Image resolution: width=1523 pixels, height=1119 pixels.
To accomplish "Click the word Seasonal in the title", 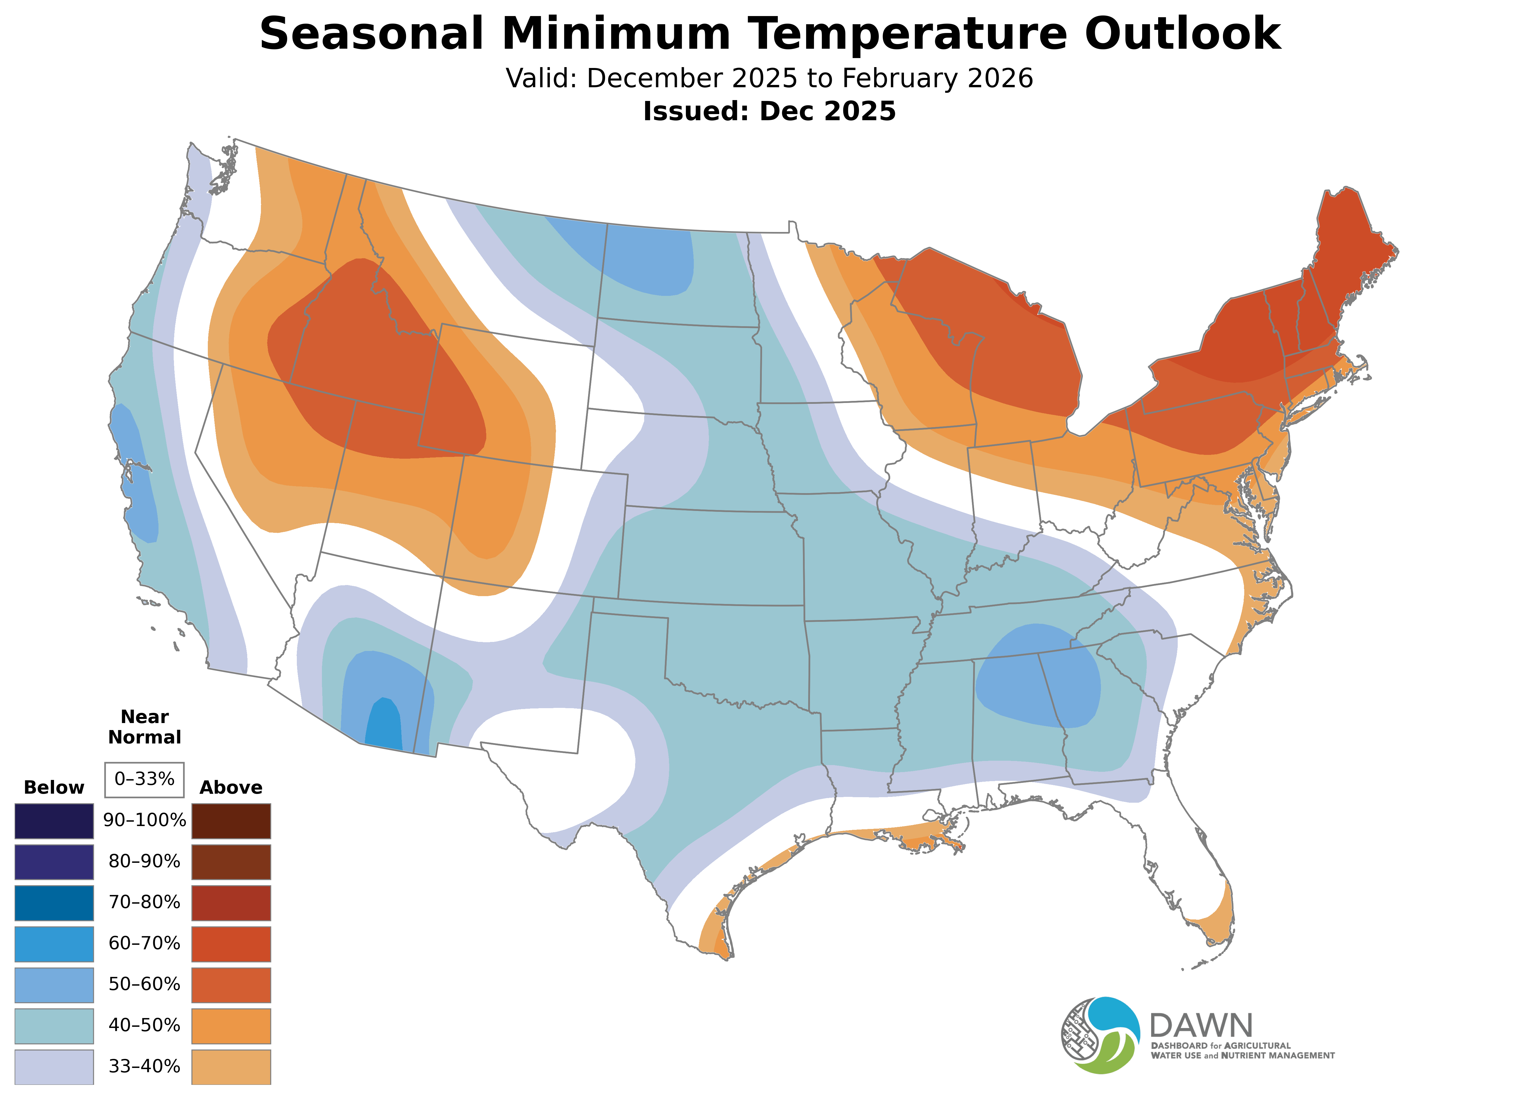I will tap(371, 34).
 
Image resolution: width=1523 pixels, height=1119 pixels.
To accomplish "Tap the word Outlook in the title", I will tap(1182, 34).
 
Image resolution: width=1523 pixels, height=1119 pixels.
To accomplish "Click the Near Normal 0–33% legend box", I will tap(144, 780).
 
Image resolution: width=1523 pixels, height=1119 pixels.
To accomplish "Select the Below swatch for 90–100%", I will tap(54, 821).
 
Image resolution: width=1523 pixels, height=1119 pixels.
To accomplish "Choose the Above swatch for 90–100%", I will tap(231, 821).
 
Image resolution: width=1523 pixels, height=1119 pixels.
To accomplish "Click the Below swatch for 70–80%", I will tap(54, 903).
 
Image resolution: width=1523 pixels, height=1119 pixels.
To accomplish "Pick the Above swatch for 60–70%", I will tap(231, 944).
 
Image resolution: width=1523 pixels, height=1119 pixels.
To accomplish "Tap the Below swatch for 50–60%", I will tap(54, 985).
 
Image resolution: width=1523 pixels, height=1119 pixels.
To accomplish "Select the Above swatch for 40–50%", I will tap(231, 1026).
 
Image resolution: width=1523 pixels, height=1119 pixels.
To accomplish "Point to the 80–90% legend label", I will tap(144, 862).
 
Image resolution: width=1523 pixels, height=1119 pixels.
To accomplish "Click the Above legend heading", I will tap(231, 788).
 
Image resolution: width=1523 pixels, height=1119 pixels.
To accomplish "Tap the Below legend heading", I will tap(54, 788).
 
